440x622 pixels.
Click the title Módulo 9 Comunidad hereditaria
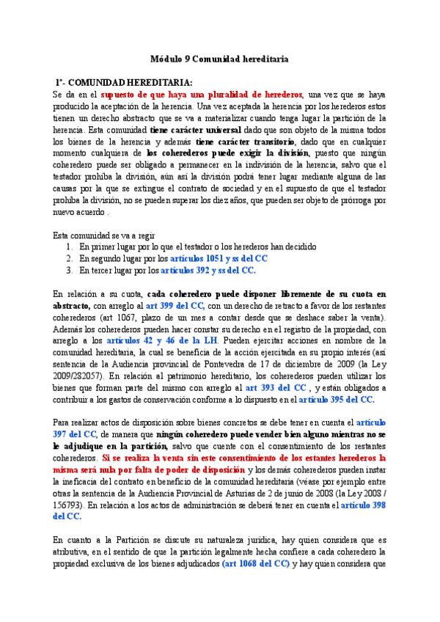220,58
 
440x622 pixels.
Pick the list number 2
68,258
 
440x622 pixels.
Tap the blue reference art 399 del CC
175,305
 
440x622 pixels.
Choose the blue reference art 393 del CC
275,387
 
